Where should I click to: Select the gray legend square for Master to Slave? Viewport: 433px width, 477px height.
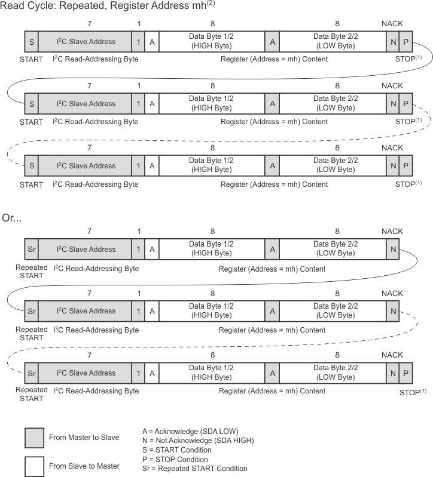34,438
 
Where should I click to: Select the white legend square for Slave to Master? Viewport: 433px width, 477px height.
34,466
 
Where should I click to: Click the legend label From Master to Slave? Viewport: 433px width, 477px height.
84,438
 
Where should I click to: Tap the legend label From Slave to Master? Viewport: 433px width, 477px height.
84,466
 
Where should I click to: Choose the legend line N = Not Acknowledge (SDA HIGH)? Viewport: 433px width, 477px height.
198,440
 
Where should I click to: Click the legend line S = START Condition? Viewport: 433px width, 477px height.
176,450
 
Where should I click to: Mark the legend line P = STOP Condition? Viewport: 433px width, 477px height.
175,459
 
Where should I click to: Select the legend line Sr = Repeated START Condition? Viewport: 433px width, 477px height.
194,469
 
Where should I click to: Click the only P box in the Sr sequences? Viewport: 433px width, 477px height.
405,373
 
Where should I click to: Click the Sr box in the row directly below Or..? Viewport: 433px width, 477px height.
32,249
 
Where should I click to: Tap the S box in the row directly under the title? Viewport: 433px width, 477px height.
32,42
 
